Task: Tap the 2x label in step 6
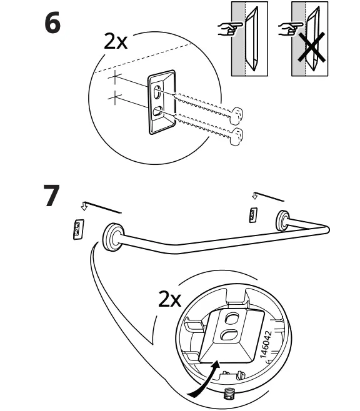[116, 41]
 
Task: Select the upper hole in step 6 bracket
[157, 91]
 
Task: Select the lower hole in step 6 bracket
[158, 111]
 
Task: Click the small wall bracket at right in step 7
[252, 215]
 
